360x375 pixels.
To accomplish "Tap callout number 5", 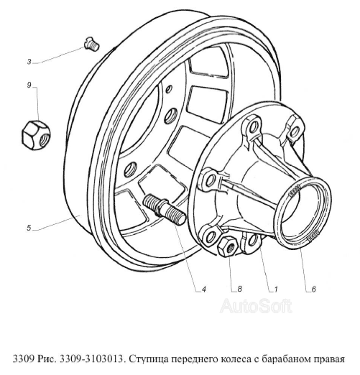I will click(x=28, y=228).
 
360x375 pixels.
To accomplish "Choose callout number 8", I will click(x=238, y=290).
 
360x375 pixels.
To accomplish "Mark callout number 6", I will click(x=313, y=290).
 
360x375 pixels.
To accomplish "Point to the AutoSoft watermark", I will click(x=255, y=307).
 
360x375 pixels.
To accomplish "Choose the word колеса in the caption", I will click(x=240, y=360).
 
